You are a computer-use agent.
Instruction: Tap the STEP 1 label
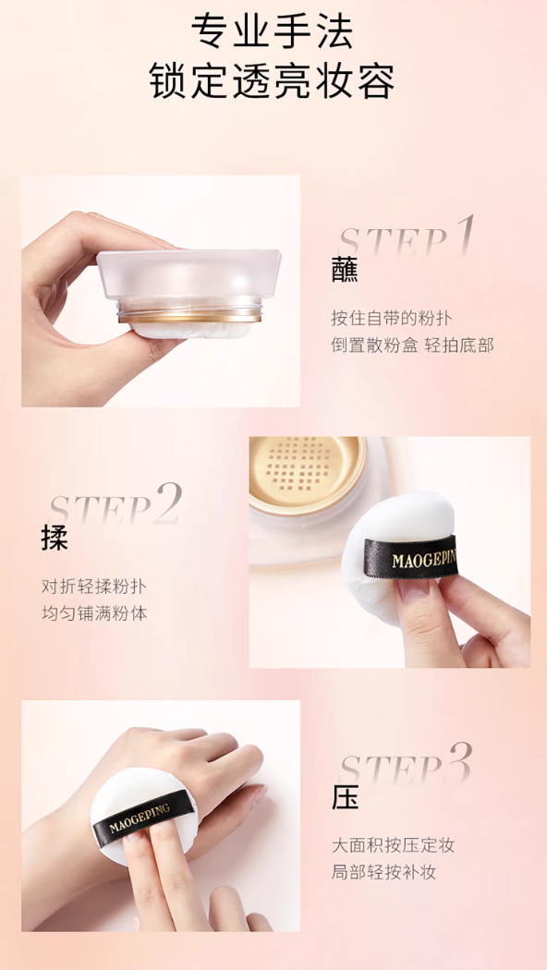tap(407, 238)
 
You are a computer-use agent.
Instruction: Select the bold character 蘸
tap(345, 269)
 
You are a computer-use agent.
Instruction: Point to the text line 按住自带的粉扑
tap(393, 317)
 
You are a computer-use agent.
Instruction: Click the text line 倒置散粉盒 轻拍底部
tap(412, 345)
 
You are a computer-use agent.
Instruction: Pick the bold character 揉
tap(55, 539)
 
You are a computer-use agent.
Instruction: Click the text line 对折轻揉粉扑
tap(94, 587)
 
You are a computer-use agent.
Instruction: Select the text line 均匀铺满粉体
tap(94, 613)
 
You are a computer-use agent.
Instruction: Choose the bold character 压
tap(345, 798)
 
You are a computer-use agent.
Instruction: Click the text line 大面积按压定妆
tap(393, 845)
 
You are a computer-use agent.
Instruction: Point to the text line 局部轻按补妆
tap(383, 872)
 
